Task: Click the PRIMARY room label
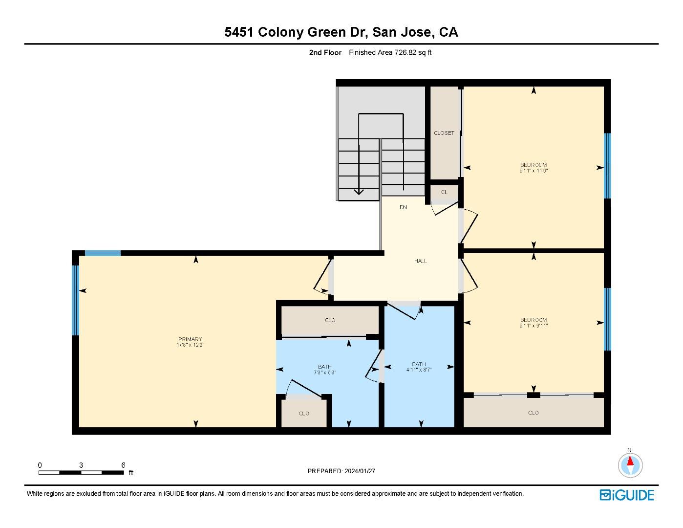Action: point(190,339)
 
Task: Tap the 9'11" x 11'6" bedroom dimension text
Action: point(534,171)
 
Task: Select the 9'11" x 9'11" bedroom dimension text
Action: point(534,326)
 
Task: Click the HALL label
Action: point(421,261)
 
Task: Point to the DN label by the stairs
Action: point(403,207)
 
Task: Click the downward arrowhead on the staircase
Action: point(359,192)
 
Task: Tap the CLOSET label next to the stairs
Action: point(444,133)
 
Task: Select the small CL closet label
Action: point(444,192)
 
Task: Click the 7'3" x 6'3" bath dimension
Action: point(325,373)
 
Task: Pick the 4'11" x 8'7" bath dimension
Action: point(419,370)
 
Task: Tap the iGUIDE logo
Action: point(627,495)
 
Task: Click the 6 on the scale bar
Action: point(123,465)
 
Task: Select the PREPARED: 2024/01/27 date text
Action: point(341,471)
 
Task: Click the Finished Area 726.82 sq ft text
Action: point(390,52)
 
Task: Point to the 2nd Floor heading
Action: point(325,52)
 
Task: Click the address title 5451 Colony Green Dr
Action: point(341,32)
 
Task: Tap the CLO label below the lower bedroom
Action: point(534,413)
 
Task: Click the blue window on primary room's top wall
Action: point(103,253)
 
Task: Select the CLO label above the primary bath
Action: point(330,320)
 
